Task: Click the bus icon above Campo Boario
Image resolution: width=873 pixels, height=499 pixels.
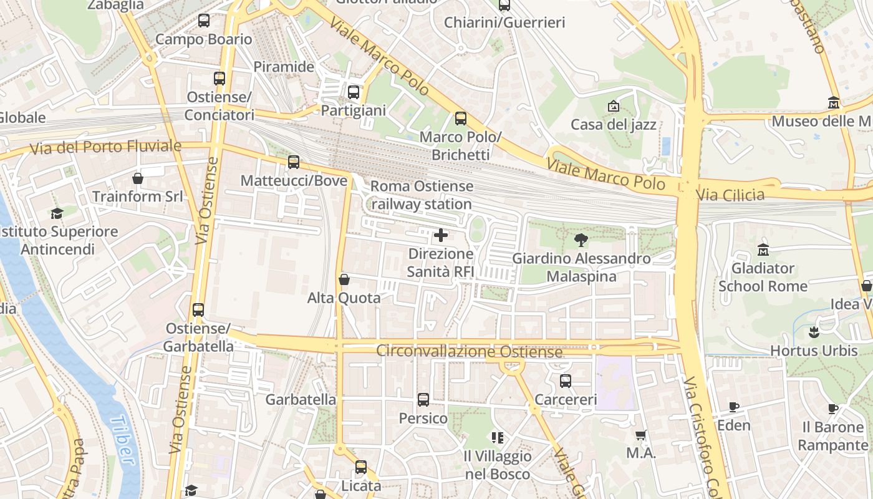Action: pos(204,21)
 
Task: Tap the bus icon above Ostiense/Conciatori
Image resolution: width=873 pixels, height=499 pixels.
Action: pos(219,79)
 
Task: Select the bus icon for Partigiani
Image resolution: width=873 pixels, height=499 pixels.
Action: pos(354,92)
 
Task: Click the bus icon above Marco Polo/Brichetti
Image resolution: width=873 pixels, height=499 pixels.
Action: pos(461,119)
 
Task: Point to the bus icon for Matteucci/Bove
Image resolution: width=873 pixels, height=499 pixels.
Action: pos(294,162)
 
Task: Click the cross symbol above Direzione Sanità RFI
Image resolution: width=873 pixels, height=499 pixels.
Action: pos(441,235)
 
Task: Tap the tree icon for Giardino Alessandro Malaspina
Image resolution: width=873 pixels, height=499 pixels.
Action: pos(581,240)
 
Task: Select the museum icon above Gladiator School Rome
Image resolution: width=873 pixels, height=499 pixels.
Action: pos(763,250)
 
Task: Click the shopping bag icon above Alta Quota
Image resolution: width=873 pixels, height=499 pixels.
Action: pos(344,279)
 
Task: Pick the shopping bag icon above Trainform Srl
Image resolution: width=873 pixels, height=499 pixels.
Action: pos(138,178)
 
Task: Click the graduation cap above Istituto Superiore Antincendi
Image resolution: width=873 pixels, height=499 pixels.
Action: pos(57,213)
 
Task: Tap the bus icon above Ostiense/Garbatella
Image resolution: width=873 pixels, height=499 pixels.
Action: pos(198,309)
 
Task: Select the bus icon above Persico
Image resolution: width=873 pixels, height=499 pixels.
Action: pos(423,399)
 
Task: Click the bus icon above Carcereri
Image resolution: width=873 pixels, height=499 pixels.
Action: pos(566,380)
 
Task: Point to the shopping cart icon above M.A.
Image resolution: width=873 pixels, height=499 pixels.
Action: pos(641,435)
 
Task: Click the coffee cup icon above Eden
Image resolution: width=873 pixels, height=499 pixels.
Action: pos(734,407)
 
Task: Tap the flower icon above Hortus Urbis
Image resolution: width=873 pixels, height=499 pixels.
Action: pos(813,332)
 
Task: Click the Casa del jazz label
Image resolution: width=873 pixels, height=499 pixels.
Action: pos(614,125)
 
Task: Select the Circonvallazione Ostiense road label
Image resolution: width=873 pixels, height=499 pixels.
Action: pos(470,352)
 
